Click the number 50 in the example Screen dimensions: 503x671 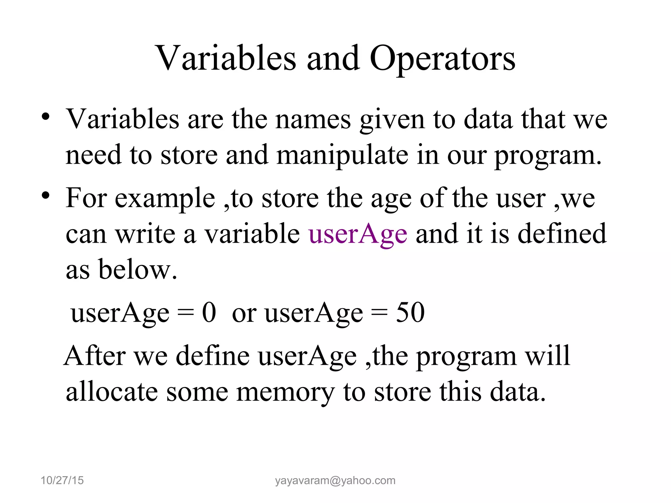point(410,313)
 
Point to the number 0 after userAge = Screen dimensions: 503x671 point(209,313)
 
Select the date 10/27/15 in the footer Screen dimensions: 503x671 point(62,480)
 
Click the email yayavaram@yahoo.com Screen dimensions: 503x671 point(335,480)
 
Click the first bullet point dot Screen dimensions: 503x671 point(46,117)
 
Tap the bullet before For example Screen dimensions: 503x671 point(46,196)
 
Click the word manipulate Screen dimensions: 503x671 point(342,156)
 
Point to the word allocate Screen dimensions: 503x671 point(111,392)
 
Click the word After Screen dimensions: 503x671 point(95,356)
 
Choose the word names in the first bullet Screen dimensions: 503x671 point(313,120)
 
